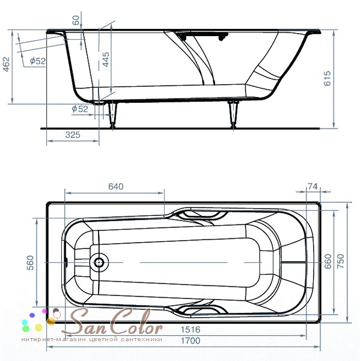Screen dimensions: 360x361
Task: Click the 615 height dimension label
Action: coord(327,78)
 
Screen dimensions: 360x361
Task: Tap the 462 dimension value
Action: coord(6,64)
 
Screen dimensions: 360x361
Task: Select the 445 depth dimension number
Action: coord(106,60)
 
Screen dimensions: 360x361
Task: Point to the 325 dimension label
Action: coord(73,135)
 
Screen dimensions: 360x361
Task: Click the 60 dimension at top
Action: coord(76,20)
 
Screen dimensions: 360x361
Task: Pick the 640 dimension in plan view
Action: coord(116,187)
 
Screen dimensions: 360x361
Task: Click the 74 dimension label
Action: coord(313,187)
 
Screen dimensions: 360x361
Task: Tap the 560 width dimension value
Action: coord(30,263)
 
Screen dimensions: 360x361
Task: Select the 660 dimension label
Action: coord(328,261)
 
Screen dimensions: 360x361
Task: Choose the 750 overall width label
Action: coord(341,261)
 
